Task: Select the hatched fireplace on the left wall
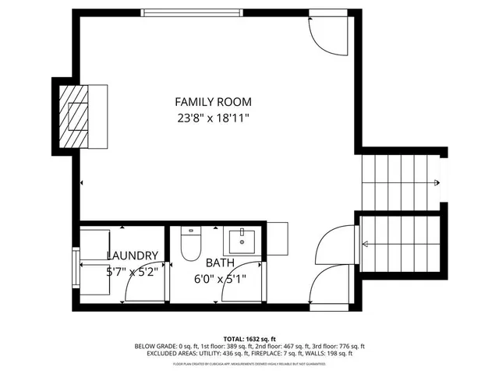[x=76, y=117]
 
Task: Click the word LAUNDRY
[x=133, y=256]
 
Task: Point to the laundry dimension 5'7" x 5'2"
[x=133, y=272]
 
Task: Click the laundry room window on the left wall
[x=76, y=268]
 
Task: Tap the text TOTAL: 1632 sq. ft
[x=249, y=339]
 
